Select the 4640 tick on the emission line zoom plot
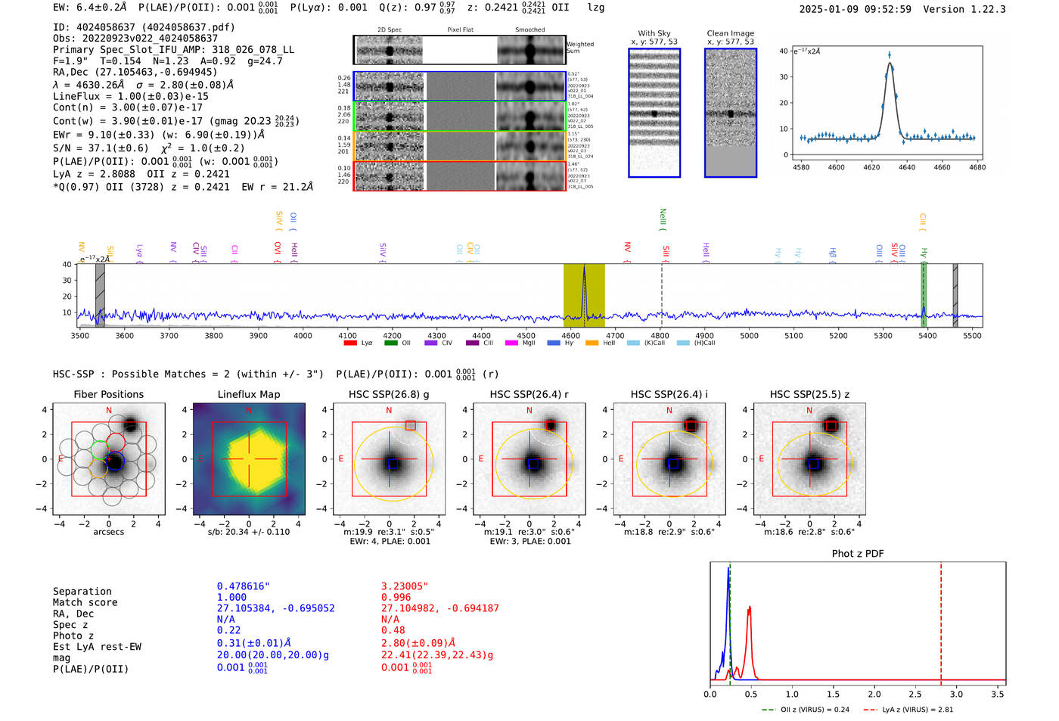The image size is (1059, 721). [907, 167]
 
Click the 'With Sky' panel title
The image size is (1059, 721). [654, 33]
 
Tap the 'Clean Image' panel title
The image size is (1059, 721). [730, 33]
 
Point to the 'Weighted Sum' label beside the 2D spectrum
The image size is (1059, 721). [580, 47]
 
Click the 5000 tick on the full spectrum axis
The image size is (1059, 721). [749, 336]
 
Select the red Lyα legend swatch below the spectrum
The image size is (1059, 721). [350, 343]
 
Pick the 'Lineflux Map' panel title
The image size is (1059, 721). [249, 394]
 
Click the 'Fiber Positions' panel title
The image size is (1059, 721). [108, 394]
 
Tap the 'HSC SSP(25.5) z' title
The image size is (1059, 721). [809, 394]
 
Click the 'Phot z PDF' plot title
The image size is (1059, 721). [858, 554]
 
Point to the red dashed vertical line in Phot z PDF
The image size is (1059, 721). [941, 620]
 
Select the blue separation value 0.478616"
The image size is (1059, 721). [243, 586]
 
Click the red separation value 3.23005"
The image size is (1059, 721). [405, 586]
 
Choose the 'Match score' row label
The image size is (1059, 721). [85, 602]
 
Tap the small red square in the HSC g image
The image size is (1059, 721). [410, 426]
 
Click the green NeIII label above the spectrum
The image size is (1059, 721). [663, 219]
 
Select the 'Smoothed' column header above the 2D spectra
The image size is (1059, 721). [529, 30]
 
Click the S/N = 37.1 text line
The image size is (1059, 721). [148, 148]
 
